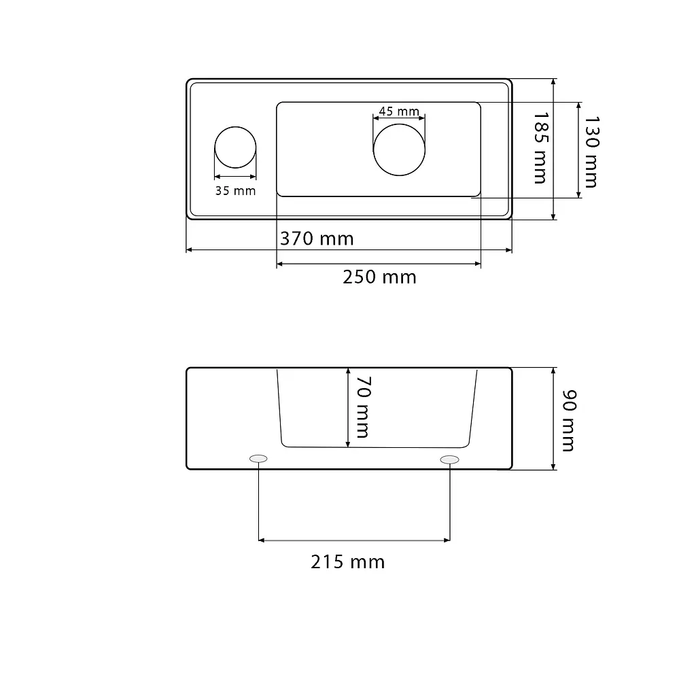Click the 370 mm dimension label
[x=317, y=239]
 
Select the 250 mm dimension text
[x=379, y=277]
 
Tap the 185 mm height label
[x=541, y=147]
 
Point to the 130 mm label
[x=592, y=152]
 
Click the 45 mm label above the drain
[x=399, y=111]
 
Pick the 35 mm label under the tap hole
[x=235, y=191]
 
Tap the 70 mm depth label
[x=363, y=407]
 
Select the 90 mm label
[x=569, y=420]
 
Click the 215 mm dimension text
[x=347, y=562]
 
